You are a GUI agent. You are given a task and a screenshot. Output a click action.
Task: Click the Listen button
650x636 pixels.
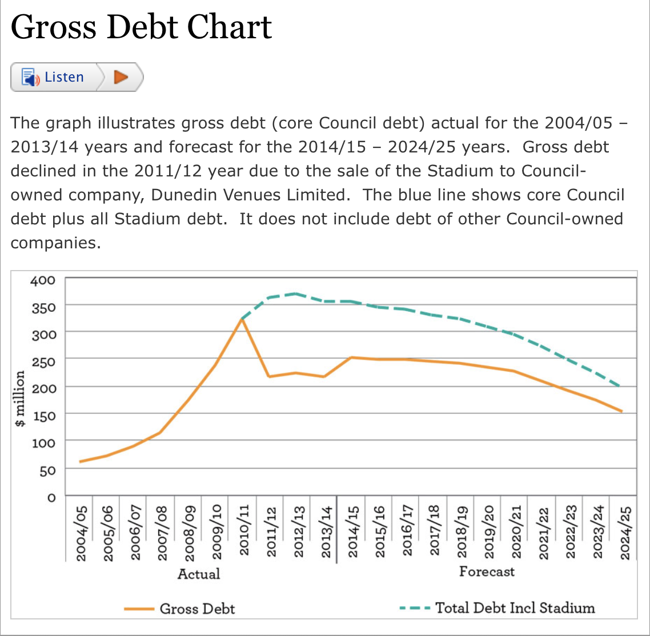55,77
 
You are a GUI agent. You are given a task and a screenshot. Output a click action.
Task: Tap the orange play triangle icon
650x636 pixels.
121,77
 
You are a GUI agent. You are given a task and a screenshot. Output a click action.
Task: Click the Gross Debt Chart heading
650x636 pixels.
141,27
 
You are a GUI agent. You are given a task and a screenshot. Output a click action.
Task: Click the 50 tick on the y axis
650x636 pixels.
47,470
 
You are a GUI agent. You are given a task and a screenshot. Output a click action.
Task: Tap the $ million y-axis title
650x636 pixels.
19,398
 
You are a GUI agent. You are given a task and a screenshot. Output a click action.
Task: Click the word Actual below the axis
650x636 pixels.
199,573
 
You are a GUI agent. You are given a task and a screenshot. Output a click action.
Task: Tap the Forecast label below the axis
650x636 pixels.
487,571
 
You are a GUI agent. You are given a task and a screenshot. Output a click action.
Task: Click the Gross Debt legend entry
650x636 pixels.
197,608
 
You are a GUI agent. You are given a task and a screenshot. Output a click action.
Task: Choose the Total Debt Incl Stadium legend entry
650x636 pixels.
515,607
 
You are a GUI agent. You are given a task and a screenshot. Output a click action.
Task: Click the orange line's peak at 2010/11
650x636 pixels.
242,319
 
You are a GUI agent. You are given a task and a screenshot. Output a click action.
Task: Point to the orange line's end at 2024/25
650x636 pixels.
621,411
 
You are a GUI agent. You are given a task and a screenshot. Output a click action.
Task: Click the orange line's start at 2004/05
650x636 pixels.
81,461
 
